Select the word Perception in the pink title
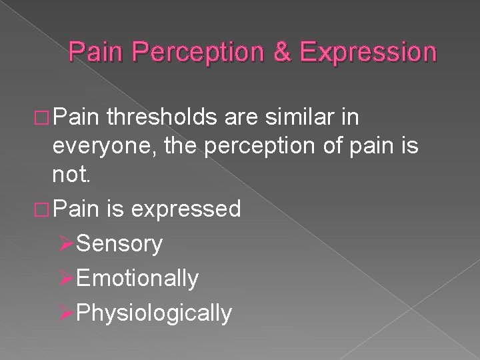coord(219,52)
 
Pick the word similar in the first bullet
coord(306,118)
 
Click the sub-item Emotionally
coord(137,278)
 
